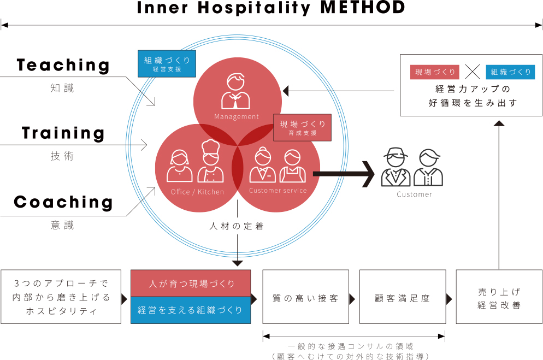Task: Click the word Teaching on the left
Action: pyautogui.click(x=63, y=65)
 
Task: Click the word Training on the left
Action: pyautogui.click(x=63, y=133)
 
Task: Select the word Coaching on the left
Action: pyautogui.click(x=63, y=202)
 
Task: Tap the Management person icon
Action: pyautogui.click(x=236, y=92)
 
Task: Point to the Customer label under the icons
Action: pyautogui.click(x=414, y=194)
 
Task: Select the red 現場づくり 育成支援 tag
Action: pyautogui.click(x=303, y=127)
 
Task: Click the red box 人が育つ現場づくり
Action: pyautogui.click(x=191, y=284)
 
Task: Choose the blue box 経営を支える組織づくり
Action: pyautogui.click(x=191, y=310)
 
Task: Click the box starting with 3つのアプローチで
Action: pyautogui.click(x=61, y=297)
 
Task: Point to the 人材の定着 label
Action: pyautogui.click(x=237, y=226)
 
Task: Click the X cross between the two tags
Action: pyautogui.click(x=473, y=72)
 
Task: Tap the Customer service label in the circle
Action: pyautogui.click(x=278, y=191)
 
